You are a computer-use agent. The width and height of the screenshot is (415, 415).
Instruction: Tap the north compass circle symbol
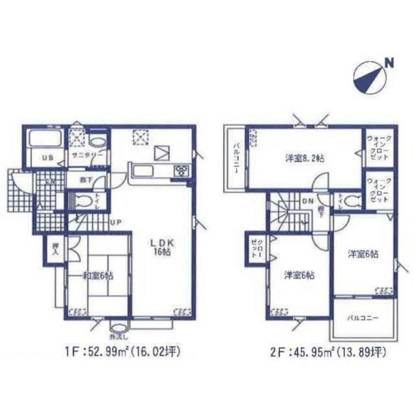(x=370, y=77)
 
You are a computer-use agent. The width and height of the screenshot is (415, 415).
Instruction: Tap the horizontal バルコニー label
(x=362, y=318)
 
